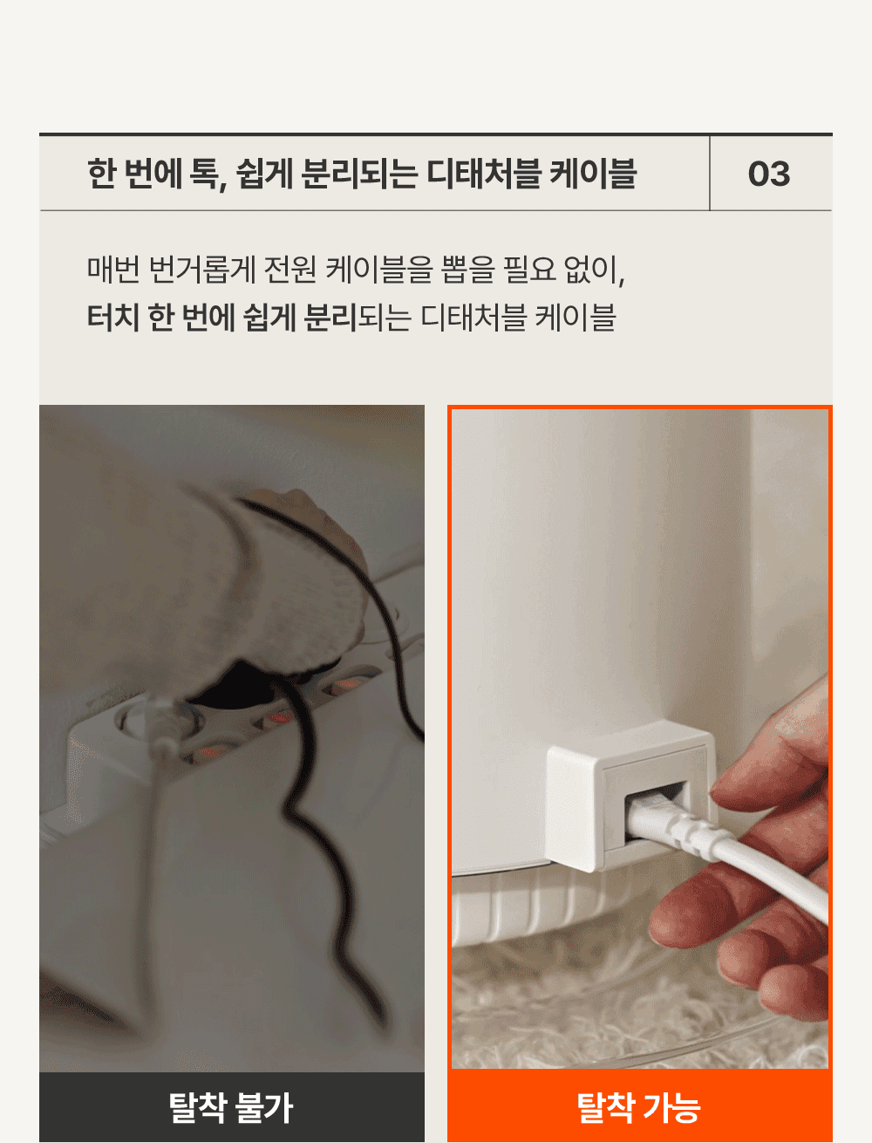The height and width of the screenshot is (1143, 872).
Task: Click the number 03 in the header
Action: click(769, 174)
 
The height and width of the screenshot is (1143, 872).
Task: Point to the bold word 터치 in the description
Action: click(113, 317)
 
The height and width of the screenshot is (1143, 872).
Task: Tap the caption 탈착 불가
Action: click(231, 1107)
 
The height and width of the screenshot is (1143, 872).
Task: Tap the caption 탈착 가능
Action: click(639, 1107)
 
